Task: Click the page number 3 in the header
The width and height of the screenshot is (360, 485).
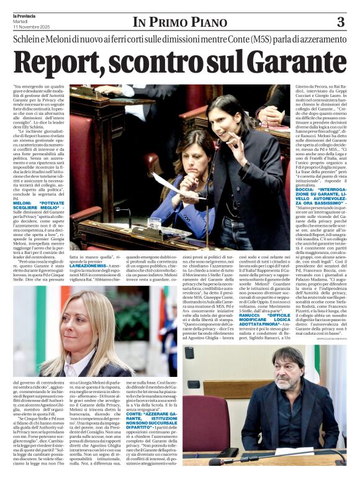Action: click(x=340, y=22)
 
